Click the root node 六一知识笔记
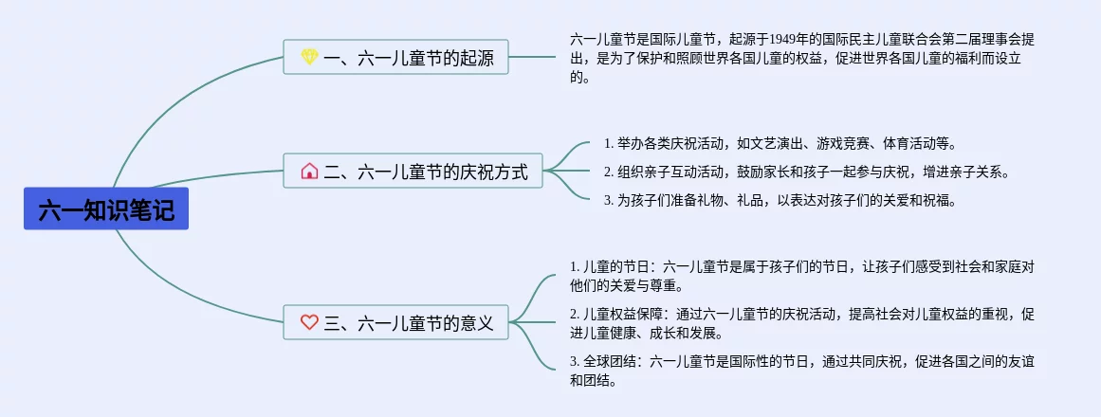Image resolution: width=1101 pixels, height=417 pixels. coord(106,209)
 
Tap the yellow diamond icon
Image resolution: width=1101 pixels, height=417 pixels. coord(309,58)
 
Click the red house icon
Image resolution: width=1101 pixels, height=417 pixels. coord(309,172)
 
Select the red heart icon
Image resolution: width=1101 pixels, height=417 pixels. coord(309,322)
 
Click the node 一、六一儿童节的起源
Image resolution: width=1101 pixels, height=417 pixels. coord(396,58)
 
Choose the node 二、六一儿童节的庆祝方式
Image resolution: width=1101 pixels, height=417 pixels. coord(413,172)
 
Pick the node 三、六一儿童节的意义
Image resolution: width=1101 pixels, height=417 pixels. coord(396,322)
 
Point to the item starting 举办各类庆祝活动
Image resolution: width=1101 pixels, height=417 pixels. coord(778,144)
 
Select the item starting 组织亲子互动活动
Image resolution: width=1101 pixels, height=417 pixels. coord(806,172)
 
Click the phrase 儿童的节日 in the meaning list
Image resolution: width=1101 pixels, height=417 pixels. coord(616,266)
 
